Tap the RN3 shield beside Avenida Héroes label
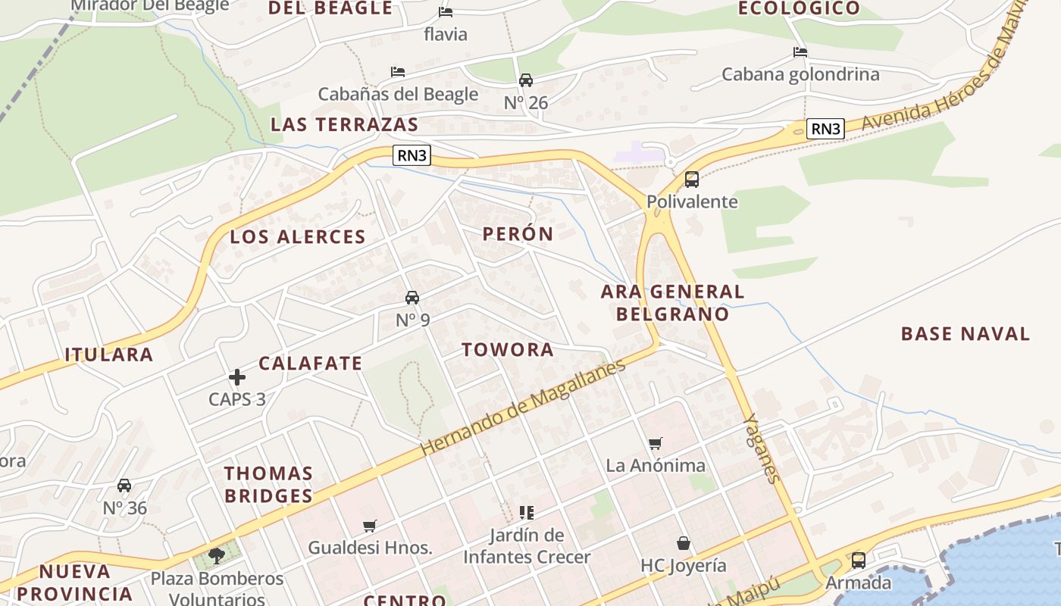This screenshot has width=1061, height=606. pyautogui.click(x=825, y=129)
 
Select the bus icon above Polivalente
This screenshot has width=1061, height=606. pyautogui.click(x=692, y=180)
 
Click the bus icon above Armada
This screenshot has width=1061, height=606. pyautogui.click(x=859, y=561)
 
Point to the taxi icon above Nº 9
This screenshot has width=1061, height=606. pyautogui.click(x=412, y=298)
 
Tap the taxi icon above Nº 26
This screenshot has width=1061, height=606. pyautogui.click(x=526, y=80)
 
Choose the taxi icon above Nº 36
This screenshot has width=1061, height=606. pyautogui.click(x=124, y=486)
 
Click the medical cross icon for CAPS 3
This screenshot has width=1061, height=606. pyautogui.click(x=237, y=376)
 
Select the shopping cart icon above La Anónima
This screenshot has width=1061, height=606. pyautogui.click(x=656, y=443)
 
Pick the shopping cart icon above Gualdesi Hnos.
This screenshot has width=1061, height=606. pyautogui.click(x=370, y=526)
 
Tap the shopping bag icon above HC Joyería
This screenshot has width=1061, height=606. pyautogui.click(x=684, y=543)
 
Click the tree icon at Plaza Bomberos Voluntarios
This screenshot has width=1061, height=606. pyautogui.click(x=217, y=557)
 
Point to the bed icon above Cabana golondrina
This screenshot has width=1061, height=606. pyautogui.click(x=800, y=52)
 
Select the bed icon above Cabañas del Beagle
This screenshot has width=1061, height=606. pyautogui.click(x=398, y=72)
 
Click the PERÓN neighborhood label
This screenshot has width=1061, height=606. pyautogui.click(x=518, y=234)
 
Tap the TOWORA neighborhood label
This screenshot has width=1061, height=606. pyautogui.click(x=508, y=350)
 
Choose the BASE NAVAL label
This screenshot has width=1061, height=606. pyautogui.click(x=965, y=334)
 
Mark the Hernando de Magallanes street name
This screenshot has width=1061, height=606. pyautogui.click(x=523, y=407)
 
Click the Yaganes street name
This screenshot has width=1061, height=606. pyautogui.click(x=762, y=448)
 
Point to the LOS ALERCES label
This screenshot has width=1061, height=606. pyautogui.click(x=298, y=237)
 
